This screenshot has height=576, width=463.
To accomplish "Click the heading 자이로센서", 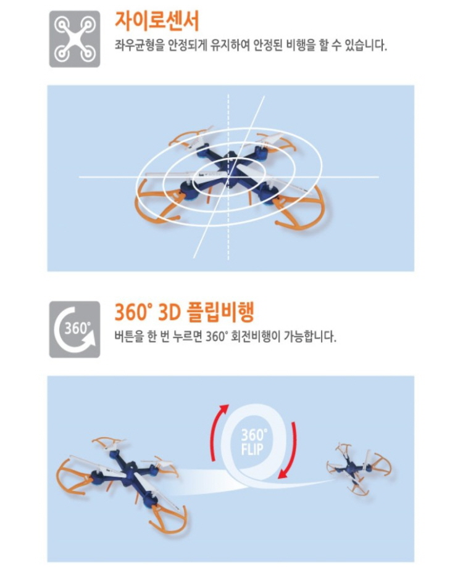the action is point(157,22).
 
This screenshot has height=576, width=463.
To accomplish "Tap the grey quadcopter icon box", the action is point(75,39).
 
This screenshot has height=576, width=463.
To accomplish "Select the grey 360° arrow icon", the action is point(75,329).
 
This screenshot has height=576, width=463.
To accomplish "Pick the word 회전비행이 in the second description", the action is point(255,336).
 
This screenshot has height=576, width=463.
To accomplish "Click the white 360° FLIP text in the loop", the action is point(253,442).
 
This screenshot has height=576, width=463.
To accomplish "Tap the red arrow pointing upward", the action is point(218,431).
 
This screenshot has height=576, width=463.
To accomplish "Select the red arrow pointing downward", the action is point(288,451).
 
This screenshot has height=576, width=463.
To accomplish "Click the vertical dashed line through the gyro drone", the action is point(228,177).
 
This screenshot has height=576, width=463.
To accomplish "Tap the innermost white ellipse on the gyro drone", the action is point(230,177).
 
